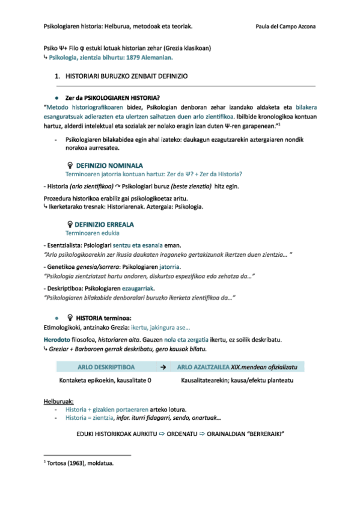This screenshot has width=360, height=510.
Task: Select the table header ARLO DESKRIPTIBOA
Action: tap(106, 366)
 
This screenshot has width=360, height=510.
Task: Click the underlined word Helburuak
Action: tap(58, 401)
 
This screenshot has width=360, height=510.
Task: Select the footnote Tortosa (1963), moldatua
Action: tap(80, 463)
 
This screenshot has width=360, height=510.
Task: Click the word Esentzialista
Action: tap(64, 245)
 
